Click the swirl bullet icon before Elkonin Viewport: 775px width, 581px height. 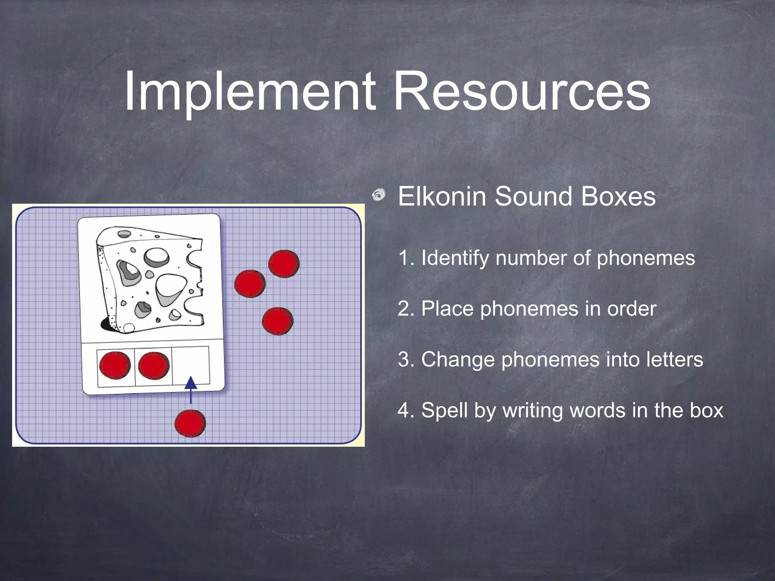click(x=378, y=195)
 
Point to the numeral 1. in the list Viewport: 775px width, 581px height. click(x=407, y=258)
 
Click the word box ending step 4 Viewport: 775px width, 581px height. click(x=707, y=410)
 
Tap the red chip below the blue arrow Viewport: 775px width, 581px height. click(x=190, y=423)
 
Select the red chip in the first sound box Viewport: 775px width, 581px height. click(x=115, y=365)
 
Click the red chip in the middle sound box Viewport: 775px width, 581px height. click(x=153, y=365)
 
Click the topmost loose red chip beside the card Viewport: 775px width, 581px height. click(x=284, y=264)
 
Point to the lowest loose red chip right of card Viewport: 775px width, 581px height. click(x=277, y=321)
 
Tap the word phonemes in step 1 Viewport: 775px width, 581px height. click(x=646, y=258)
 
